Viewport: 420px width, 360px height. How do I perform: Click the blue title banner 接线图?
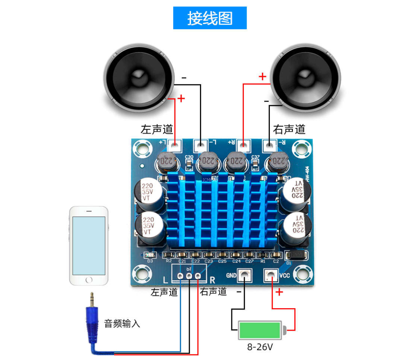pos(210,18)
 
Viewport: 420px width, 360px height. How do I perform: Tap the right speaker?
pos(306,78)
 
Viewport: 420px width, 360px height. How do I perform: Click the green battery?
pos(260,330)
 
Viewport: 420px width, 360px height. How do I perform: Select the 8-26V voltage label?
pos(260,347)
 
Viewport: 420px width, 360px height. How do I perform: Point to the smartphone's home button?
pos(89,280)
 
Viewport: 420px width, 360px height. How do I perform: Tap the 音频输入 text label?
pos(122,323)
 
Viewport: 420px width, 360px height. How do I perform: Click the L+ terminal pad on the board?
pos(174,145)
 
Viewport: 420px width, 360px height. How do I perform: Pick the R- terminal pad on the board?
pos(270,145)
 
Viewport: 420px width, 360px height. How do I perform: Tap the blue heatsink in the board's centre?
pos(221,212)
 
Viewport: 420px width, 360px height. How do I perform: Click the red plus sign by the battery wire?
pos(279,292)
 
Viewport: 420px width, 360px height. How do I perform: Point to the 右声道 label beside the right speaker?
pos(289,130)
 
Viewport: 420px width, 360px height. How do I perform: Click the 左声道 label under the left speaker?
pos(157,130)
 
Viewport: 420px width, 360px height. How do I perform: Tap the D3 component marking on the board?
pos(150,261)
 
